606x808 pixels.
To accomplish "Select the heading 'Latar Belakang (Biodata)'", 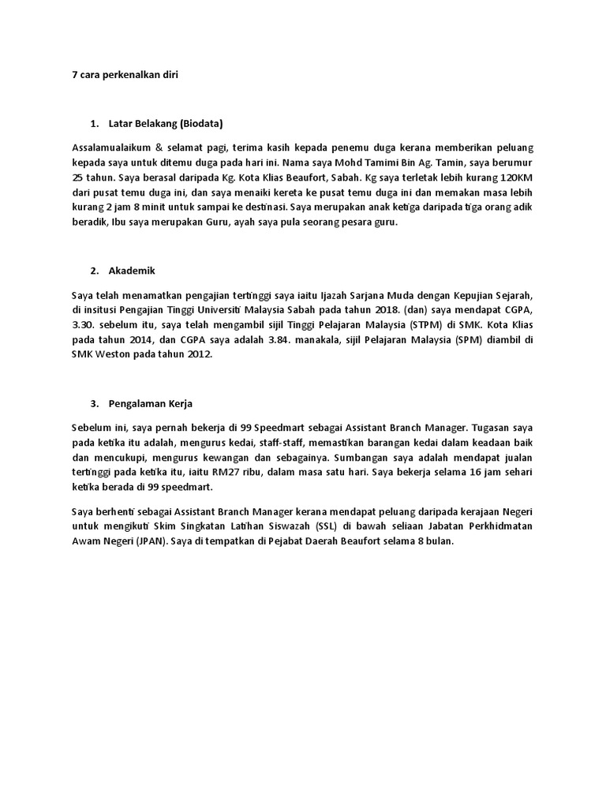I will click(166, 123).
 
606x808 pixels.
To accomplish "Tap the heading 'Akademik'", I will click(132, 271).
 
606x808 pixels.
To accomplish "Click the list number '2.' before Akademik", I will click(95, 271).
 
